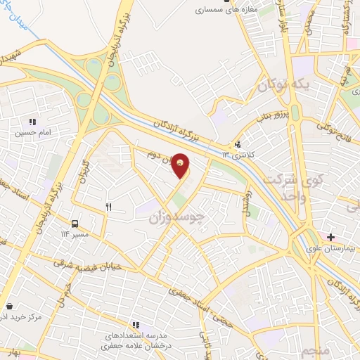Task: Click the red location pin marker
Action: pos(181,165)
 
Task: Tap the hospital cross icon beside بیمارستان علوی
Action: pos(331,237)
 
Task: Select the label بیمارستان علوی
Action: pos(331,248)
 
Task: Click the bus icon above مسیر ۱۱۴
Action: pos(75,224)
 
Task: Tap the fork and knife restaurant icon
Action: pos(108,207)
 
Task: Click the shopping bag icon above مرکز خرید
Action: pos(10,306)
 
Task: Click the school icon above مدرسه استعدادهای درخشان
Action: pos(136,325)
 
